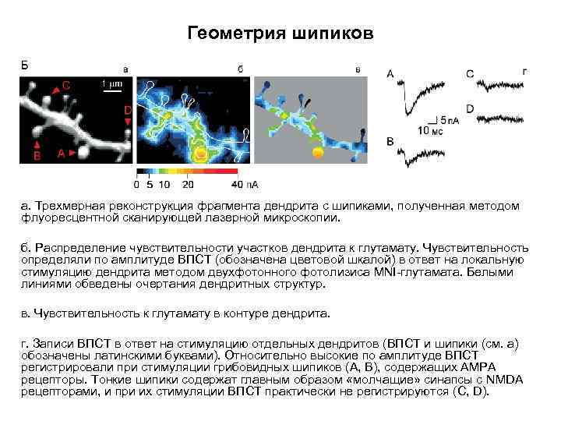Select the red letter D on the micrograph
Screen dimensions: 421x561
128,111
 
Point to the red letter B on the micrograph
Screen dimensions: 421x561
36,156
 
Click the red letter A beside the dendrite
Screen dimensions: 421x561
61,154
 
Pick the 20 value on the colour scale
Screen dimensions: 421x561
188,185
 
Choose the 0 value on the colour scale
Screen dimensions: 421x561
136,185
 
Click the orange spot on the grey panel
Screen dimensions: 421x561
316,153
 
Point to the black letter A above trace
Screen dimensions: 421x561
390,74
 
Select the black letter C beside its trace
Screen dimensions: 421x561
470,73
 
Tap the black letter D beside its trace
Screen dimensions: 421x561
470,108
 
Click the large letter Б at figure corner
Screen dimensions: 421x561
24,65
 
